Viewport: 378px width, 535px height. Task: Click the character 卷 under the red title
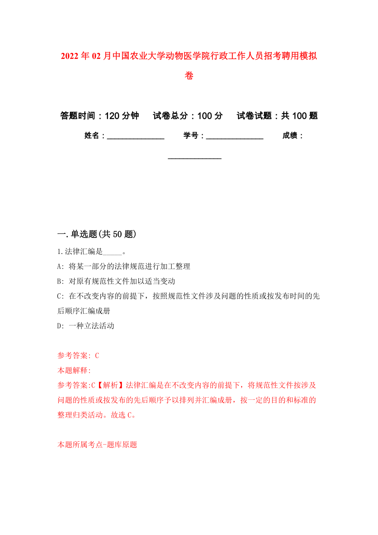pyautogui.click(x=189, y=76)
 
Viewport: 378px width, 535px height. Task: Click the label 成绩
pyautogui.click(x=290, y=136)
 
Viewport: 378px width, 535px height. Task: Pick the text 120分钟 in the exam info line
pyautogui.click(x=122, y=116)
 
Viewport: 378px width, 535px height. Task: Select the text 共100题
pyautogui.click(x=300, y=116)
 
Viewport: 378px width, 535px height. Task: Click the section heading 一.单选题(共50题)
pyautogui.click(x=97, y=234)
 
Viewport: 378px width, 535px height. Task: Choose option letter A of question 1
pyautogui.click(x=60, y=267)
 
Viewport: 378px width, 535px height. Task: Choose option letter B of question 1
pyautogui.click(x=60, y=281)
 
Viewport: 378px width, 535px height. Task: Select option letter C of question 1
pyautogui.click(x=60, y=296)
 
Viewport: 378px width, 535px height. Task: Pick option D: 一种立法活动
pyautogui.click(x=86, y=326)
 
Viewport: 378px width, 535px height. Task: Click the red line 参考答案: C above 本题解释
pyautogui.click(x=78, y=356)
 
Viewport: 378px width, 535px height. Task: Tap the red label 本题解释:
pyautogui.click(x=74, y=371)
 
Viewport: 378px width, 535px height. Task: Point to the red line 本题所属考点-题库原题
pyautogui.click(x=97, y=445)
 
